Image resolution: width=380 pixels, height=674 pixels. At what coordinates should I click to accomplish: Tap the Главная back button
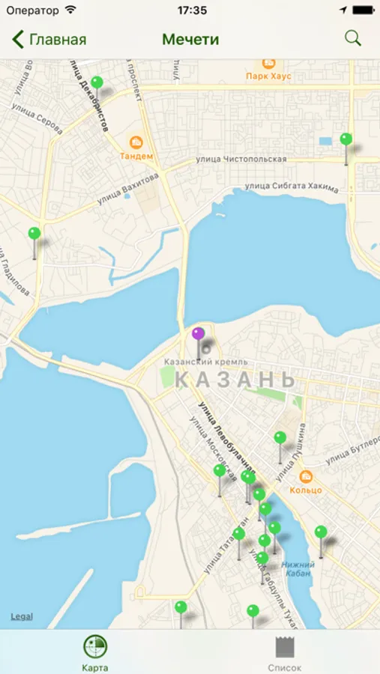click(x=49, y=40)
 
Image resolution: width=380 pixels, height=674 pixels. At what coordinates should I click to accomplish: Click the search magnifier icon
click(x=352, y=38)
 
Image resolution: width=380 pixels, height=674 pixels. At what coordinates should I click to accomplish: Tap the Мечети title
click(x=190, y=40)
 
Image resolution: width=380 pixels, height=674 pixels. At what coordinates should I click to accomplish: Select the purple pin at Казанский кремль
click(x=198, y=334)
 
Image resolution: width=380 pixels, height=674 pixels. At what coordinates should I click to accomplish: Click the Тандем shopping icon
click(x=136, y=142)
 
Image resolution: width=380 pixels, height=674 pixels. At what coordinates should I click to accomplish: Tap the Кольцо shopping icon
click(x=306, y=476)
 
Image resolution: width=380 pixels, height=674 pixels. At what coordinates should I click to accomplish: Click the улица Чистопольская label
click(x=241, y=160)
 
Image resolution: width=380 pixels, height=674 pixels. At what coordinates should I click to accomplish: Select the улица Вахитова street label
click(x=128, y=189)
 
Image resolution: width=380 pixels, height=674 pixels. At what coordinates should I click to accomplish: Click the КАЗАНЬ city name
click(x=235, y=380)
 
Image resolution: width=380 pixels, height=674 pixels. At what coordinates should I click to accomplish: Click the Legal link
click(x=21, y=616)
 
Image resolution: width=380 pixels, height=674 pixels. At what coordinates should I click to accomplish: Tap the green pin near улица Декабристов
click(x=97, y=82)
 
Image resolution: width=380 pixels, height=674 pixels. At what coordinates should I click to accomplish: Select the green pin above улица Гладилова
click(x=34, y=234)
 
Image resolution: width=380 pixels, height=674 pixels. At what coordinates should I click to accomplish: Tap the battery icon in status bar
click(x=362, y=10)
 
